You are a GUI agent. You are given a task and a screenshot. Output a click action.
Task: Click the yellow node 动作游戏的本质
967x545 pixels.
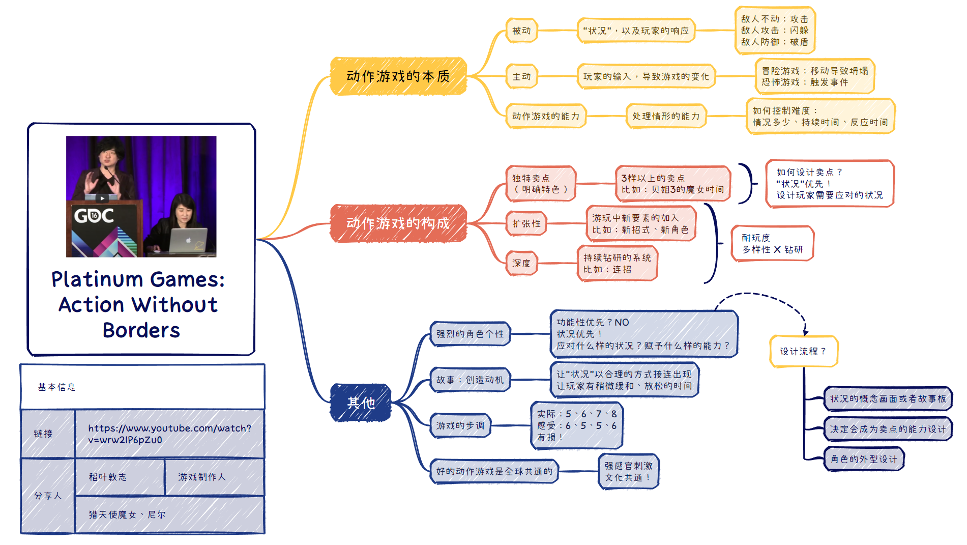point(398,76)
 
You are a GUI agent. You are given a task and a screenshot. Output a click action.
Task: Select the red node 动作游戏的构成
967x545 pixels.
point(398,223)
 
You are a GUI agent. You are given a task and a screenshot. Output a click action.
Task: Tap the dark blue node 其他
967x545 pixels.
point(361,403)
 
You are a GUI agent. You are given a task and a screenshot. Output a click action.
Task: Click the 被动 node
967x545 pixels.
point(521,31)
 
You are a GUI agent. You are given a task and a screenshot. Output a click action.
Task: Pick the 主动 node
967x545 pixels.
point(521,76)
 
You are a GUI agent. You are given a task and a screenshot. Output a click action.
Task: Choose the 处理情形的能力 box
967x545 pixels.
point(666,116)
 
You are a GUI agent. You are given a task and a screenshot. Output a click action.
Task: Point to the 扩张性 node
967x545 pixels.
point(526,223)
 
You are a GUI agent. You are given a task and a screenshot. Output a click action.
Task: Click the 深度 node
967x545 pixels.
point(521,263)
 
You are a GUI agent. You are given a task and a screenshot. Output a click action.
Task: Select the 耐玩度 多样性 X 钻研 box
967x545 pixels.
point(772,244)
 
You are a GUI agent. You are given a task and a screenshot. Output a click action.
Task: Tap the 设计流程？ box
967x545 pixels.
point(803,351)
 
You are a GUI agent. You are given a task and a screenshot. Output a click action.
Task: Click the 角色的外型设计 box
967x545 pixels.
point(864,459)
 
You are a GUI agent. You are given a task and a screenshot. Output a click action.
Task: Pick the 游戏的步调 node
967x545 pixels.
point(460,425)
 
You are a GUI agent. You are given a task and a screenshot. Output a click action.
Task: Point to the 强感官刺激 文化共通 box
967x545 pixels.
point(628,471)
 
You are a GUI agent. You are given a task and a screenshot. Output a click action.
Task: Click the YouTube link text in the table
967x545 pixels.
point(169,434)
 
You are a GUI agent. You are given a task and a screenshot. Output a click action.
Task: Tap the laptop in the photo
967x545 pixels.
point(188,240)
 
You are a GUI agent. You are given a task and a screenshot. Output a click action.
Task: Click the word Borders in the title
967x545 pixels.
point(141,330)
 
